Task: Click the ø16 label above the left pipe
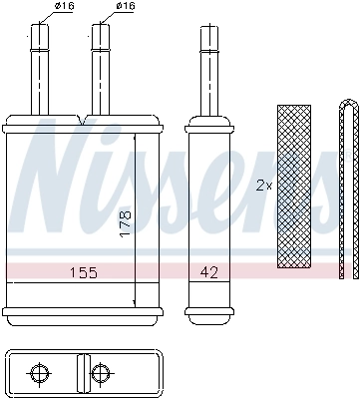(65, 7)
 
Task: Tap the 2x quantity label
(263, 186)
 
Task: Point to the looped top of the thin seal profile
(345, 104)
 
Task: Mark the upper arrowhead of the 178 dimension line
(135, 135)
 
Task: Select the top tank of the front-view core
(80, 124)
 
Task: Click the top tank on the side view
(208, 124)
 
